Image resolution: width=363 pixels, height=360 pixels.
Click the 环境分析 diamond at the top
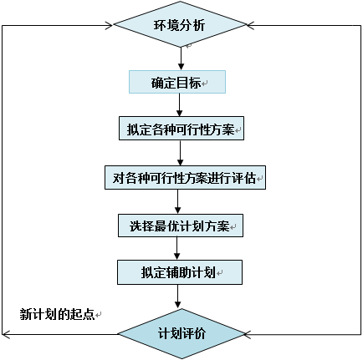coord(181,24)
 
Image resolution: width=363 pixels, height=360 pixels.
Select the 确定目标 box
coord(177,83)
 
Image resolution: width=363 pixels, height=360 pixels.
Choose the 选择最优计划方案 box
coord(181,226)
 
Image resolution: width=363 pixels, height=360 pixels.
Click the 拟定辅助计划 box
coord(180,272)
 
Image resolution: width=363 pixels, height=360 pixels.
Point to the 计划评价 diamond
coord(181,333)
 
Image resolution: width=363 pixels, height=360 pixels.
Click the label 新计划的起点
coord(57,314)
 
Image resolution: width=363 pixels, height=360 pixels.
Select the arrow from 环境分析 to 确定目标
coord(181,58)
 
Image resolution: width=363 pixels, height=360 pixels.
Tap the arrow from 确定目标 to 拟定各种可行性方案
coord(181,106)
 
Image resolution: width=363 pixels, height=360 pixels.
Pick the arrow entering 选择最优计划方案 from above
coord(178,202)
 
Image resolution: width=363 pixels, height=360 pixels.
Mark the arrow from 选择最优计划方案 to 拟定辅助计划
coord(178,249)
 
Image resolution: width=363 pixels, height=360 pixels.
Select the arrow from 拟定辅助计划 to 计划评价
coord(178,296)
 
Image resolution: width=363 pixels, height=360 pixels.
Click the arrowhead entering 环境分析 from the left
coord(107,25)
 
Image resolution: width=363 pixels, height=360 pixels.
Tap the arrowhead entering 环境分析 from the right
coord(254,25)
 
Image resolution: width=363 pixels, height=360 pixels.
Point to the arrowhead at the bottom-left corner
coord(7,334)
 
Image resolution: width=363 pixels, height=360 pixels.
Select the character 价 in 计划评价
coord(199,333)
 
